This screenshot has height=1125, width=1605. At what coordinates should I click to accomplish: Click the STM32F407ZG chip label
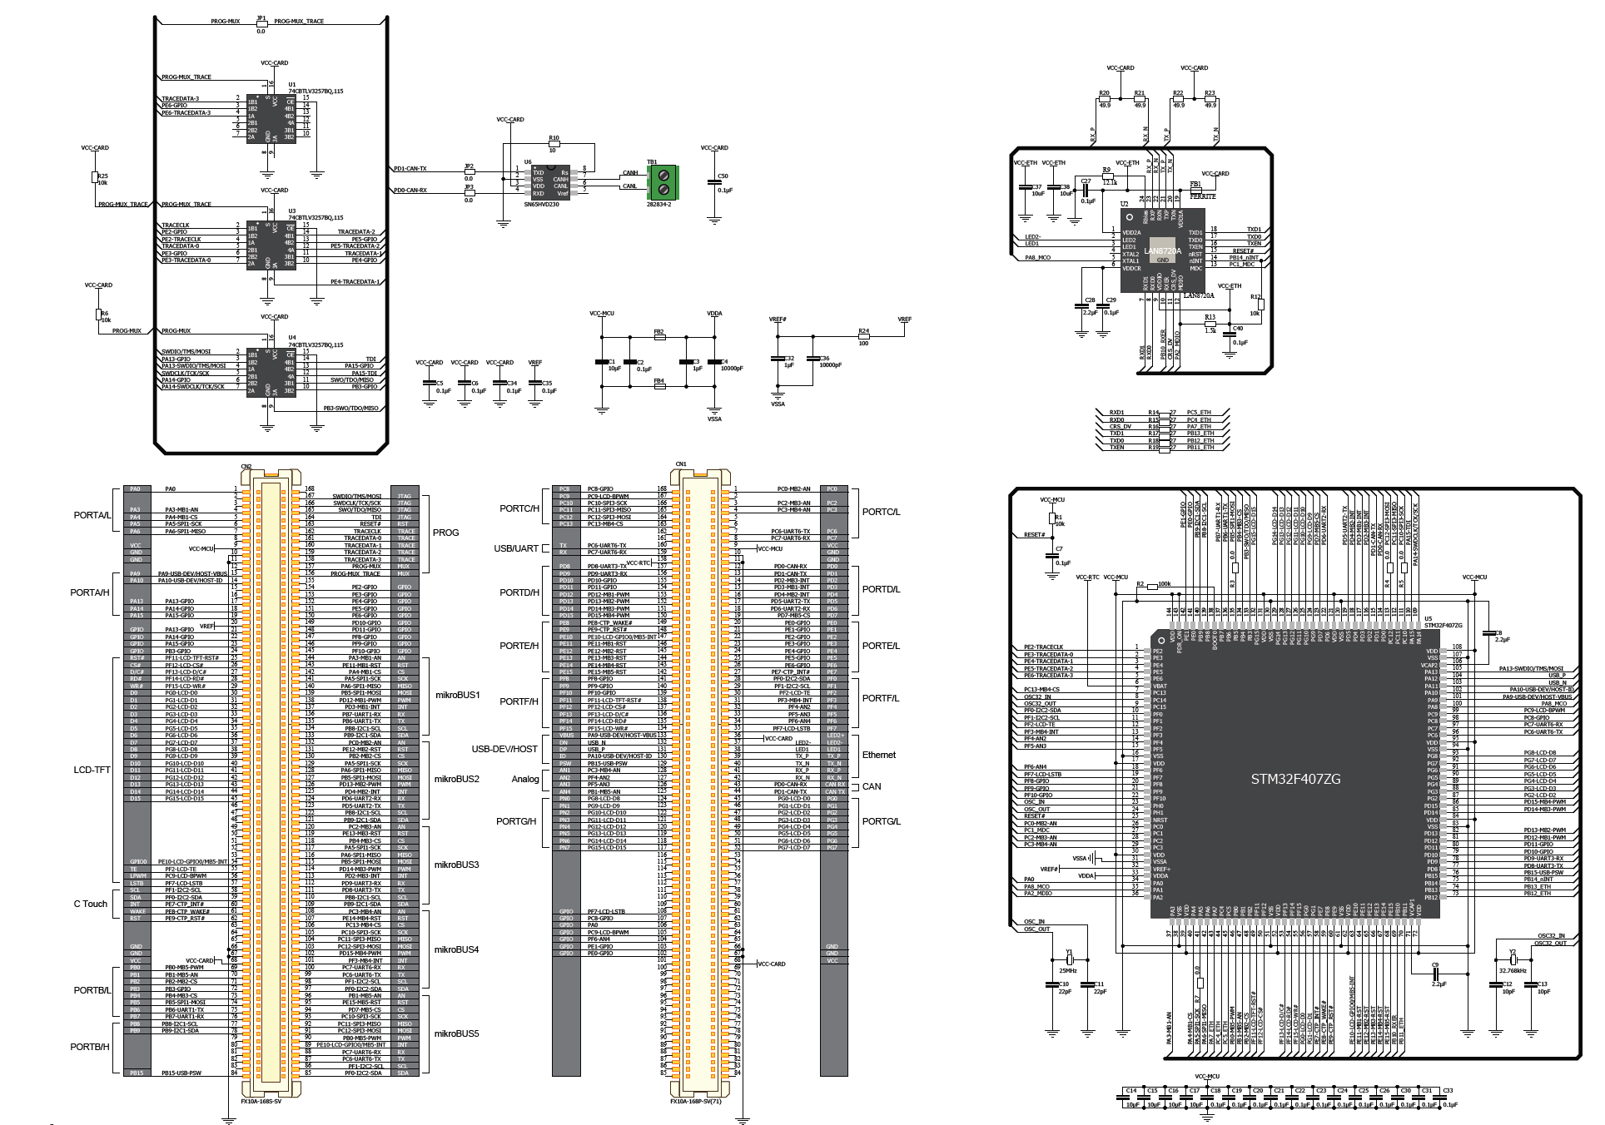pyautogui.click(x=1295, y=779)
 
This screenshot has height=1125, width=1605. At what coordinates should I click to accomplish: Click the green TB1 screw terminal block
pyautogui.click(x=663, y=181)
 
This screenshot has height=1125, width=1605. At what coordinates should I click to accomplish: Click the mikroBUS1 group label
pyautogui.click(x=457, y=695)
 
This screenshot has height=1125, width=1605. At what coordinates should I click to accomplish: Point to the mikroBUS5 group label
pyautogui.click(x=457, y=1033)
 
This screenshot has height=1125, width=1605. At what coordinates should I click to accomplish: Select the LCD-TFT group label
pyautogui.click(x=92, y=770)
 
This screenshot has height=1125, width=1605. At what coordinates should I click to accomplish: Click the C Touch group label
pyautogui.click(x=90, y=904)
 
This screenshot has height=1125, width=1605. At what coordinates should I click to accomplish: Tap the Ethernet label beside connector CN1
pyautogui.click(x=879, y=755)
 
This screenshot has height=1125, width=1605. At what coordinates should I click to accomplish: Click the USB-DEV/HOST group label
pyautogui.click(x=504, y=749)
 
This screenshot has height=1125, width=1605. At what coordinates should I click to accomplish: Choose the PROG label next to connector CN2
pyautogui.click(x=445, y=533)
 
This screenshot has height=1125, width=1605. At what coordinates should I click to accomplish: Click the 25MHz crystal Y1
pyautogui.click(x=1068, y=959)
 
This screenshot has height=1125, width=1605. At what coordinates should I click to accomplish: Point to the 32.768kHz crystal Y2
pyautogui.click(x=1513, y=959)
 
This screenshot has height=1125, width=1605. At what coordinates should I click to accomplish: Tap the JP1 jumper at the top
pyautogui.click(x=261, y=22)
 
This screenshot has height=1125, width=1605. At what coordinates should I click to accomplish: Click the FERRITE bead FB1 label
pyautogui.click(x=1203, y=196)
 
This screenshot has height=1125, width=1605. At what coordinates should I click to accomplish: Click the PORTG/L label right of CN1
pyautogui.click(x=881, y=821)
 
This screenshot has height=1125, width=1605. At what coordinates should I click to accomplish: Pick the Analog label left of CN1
pyautogui.click(x=524, y=779)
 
